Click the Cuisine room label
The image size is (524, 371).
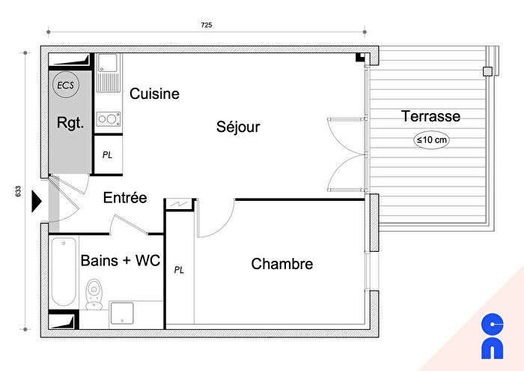point(154,94)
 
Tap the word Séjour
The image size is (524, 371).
point(239,127)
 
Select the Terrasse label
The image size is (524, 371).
point(430,116)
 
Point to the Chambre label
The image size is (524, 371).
point(281,264)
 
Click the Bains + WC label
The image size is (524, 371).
point(121,261)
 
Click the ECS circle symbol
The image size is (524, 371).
point(65,85)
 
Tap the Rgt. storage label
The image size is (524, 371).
point(70,122)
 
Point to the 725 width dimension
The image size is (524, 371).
point(207,25)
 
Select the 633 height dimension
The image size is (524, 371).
point(16,192)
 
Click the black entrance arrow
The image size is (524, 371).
point(36,201)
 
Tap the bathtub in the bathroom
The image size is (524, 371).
point(64,271)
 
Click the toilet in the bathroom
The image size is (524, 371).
point(94,293)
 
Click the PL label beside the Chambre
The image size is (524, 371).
point(179,269)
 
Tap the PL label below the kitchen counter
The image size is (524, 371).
point(108,155)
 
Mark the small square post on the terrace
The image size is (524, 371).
point(488,72)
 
